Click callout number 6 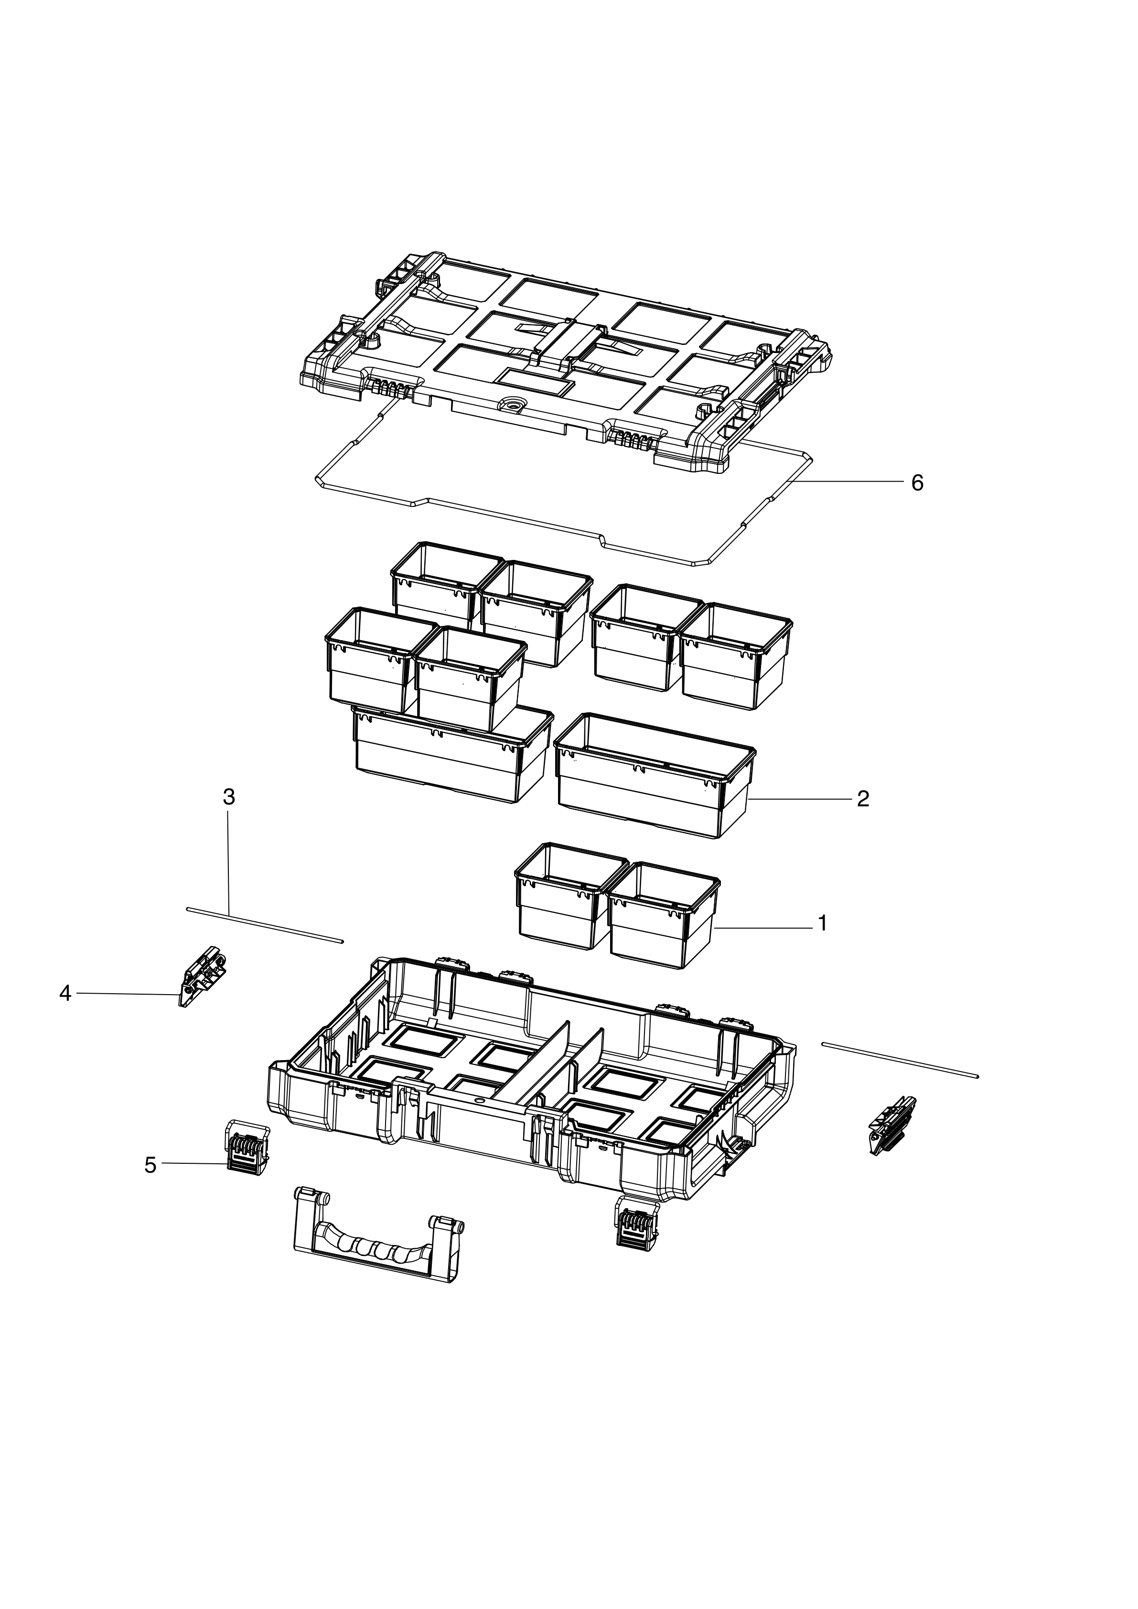click(917, 483)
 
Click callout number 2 click(863, 799)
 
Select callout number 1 click(823, 923)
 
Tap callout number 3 click(228, 797)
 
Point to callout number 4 click(65, 994)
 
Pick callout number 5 click(150, 1165)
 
